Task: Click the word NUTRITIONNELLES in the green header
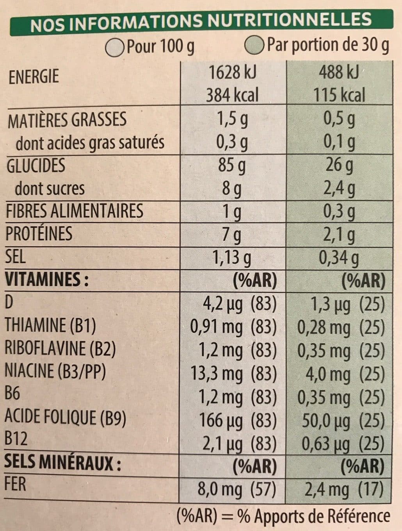pyautogui.click(x=290, y=20)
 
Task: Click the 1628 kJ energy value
pyautogui.click(x=232, y=73)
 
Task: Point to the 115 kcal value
pyautogui.click(x=339, y=95)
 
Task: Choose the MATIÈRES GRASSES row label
pyautogui.click(x=67, y=119)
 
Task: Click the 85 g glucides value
pyautogui.click(x=232, y=166)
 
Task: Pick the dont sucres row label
pyautogui.click(x=50, y=189)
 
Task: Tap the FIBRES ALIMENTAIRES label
pyautogui.click(x=75, y=211)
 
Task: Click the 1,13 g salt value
pyautogui.click(x=231, y=258)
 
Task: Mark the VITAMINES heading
pyautogui.click(x=47, y=279)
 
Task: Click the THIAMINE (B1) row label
pyautogui.click(x=50, y=326)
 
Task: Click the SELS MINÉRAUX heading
pyautogui.click(x=63, y=463)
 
